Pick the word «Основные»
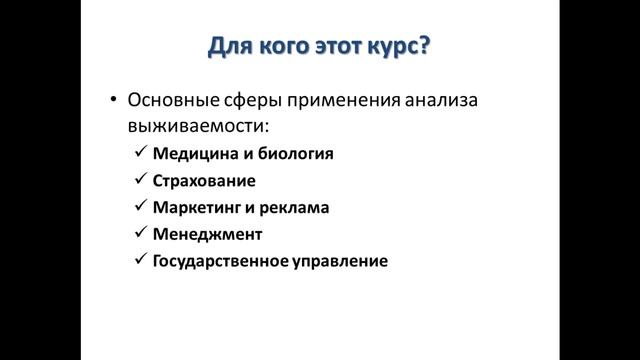pos(172,101)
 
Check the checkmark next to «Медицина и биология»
pos(139,154)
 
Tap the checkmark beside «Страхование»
pos(139,181)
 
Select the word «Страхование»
pos(205,181)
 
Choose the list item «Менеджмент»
pos(207,235)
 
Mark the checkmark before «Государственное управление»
pos(139,262)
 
